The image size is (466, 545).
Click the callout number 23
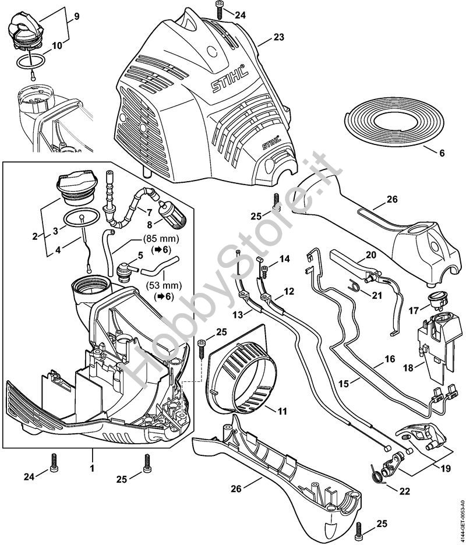click(279, 38)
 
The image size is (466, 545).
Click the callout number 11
click(282, 411)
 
